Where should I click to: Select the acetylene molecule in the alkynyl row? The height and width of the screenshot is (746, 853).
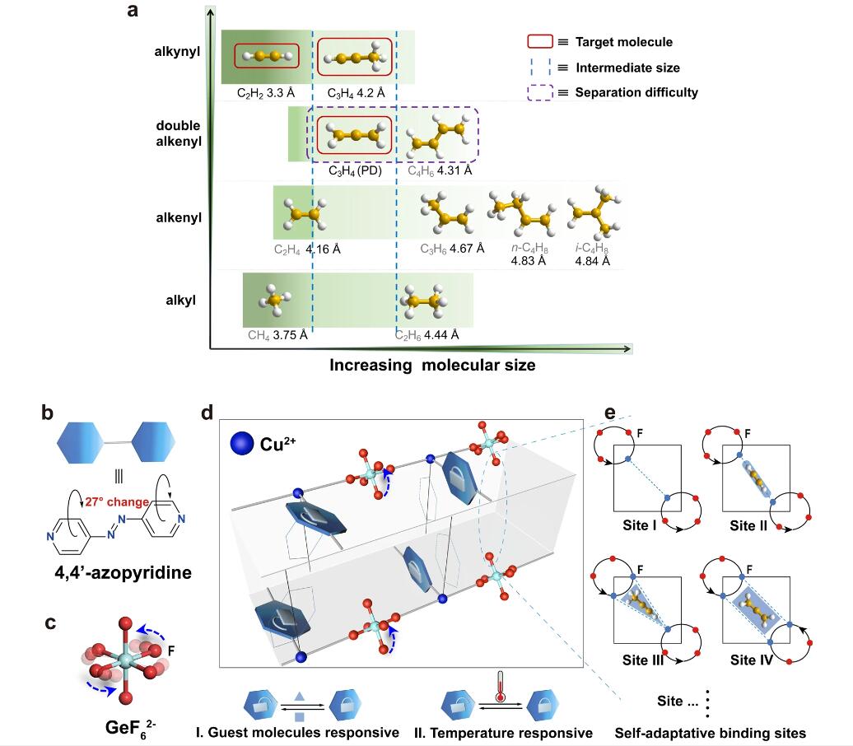(266, 56)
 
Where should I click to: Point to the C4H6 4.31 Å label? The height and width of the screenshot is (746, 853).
(440, 171)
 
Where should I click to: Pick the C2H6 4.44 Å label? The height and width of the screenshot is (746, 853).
(426, 334)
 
